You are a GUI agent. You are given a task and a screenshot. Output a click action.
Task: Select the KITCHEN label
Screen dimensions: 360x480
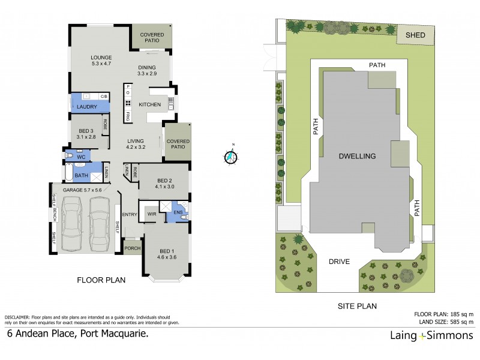(x=149, y=105)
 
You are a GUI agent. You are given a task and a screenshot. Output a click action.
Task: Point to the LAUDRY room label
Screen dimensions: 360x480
(x=87, y=107)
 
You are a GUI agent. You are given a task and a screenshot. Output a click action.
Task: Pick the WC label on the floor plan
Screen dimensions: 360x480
(x=82, y=157)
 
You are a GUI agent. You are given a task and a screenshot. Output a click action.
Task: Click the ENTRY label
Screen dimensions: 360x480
(x=130, y=214)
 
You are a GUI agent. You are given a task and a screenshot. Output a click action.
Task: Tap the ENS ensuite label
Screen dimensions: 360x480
(x=178, y=212)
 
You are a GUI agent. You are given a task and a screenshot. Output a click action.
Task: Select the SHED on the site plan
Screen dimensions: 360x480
(x=416, y=35)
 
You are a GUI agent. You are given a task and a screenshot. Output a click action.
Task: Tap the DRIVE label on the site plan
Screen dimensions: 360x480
(x=340, y=262)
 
